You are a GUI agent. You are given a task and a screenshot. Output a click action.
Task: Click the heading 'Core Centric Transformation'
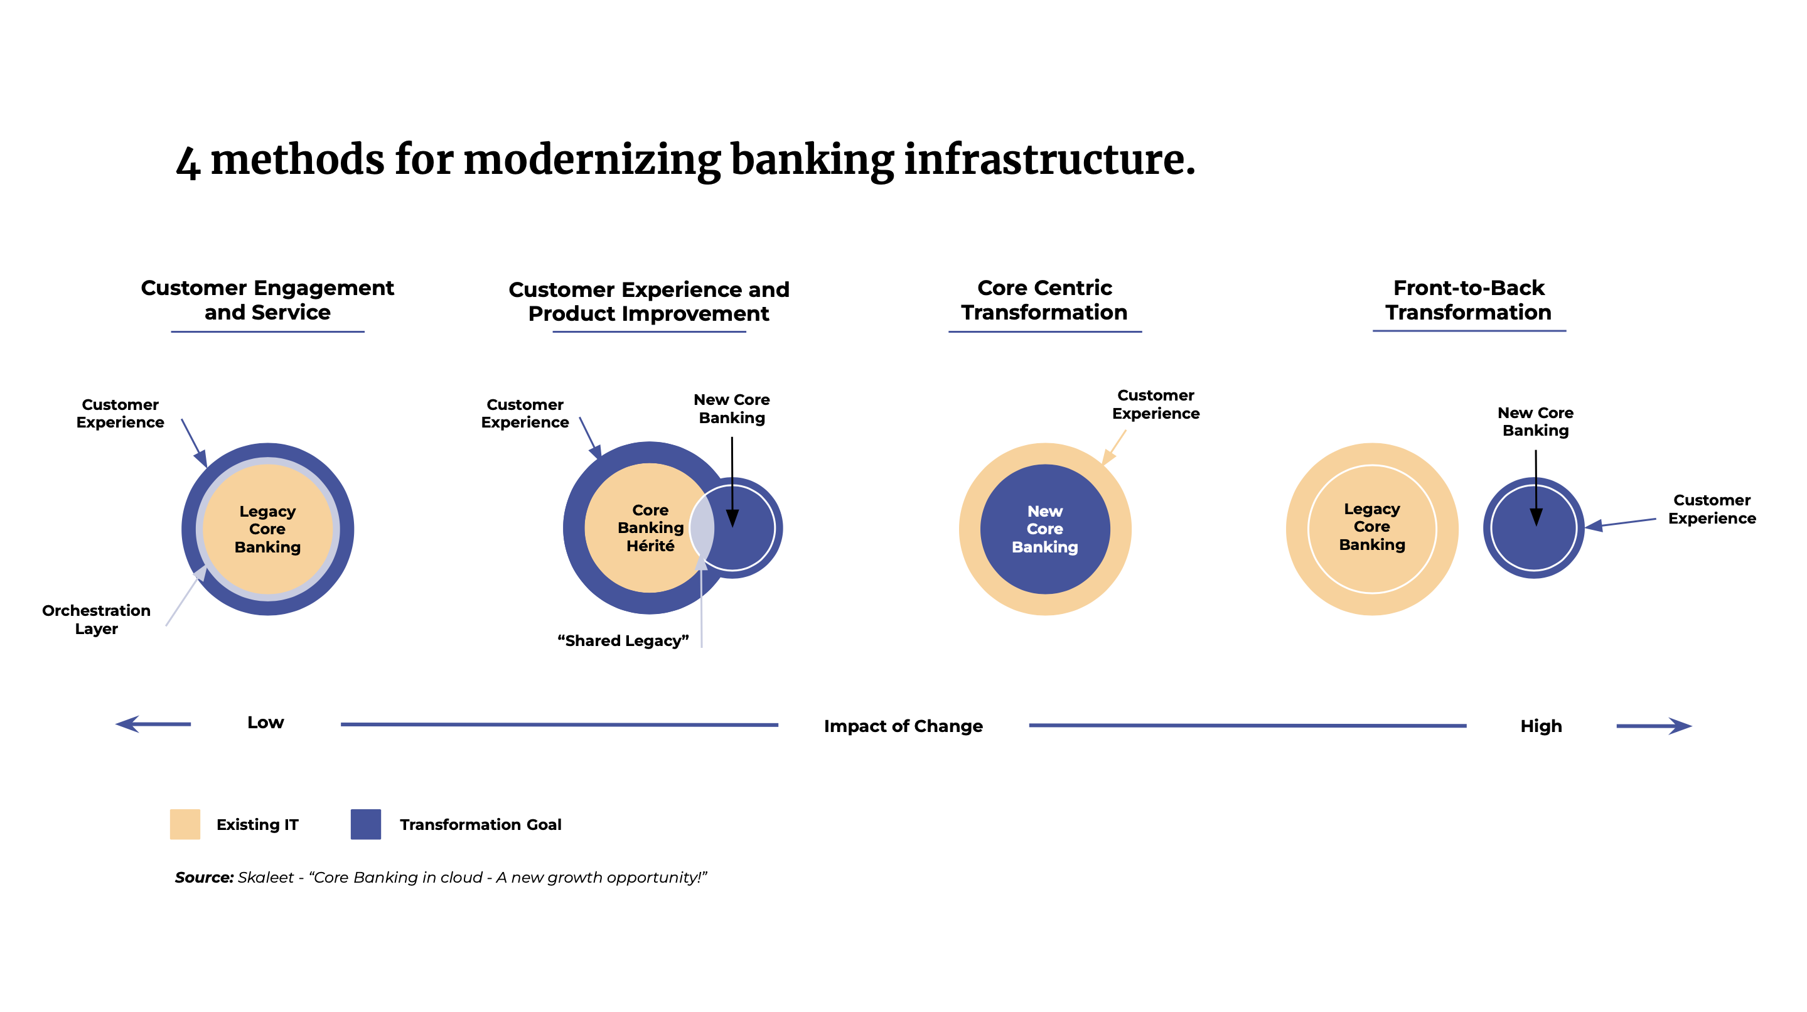[x=1044, y=299]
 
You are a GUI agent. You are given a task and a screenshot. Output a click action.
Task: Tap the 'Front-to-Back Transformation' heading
[x=1468, y=299]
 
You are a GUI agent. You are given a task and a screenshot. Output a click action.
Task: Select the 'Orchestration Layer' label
[x=96, y=619]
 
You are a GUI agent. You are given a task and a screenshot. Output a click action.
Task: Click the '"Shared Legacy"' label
[x=623, y=641]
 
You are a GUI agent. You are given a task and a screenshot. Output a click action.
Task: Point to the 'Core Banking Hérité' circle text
[x=650, y=528]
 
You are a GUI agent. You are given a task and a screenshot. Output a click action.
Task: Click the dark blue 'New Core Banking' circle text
[x=1044, y=529]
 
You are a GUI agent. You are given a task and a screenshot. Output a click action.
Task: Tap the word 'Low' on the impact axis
[x=265, y=723]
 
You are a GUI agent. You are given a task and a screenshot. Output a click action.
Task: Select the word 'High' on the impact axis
[x=1540, y=726]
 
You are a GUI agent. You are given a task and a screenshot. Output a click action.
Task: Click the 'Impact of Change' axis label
[x=903, y=726]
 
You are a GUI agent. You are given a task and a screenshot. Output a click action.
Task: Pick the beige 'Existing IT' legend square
[x=185, y=824]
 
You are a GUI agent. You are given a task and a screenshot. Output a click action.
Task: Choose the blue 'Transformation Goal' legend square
[x=365, y=824]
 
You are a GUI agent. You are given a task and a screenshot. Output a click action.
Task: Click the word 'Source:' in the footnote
[x=203, y=877]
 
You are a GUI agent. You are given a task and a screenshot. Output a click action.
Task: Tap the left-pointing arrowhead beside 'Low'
[x=127, y=724]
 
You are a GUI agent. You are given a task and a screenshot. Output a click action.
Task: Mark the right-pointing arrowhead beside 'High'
[x=1681, y=726]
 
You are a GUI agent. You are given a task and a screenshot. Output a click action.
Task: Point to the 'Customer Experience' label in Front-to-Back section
[x=1712, y=509]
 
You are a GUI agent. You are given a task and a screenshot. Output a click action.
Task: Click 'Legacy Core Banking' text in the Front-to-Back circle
[x=1371, y=526]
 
